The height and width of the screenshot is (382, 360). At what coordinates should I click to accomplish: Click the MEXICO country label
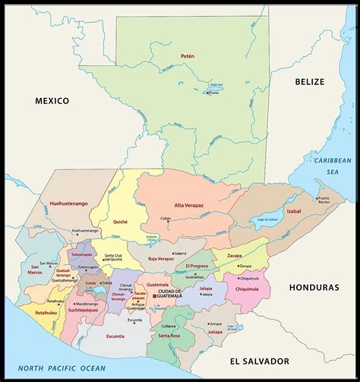[x=52, y=100]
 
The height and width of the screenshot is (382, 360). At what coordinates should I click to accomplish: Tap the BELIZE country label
[x=309, y=81]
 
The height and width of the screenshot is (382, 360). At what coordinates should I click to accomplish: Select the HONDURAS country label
[x=313, y=288]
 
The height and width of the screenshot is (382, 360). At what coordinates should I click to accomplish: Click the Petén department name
[x=188, y=55]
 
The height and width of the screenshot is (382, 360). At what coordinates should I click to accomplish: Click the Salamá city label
[x=180, y=253]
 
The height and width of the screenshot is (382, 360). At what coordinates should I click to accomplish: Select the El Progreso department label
[x=197, y=267]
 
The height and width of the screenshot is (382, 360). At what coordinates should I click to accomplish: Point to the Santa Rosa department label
[x=169, y=335]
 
